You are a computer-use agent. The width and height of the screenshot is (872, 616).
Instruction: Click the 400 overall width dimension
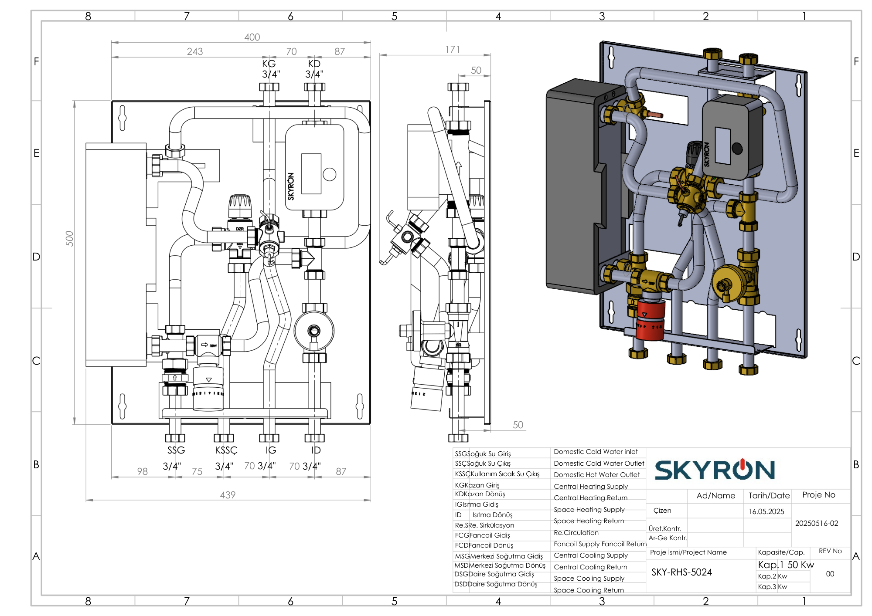point(252,37)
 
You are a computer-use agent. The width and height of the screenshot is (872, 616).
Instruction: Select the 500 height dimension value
point(70,238)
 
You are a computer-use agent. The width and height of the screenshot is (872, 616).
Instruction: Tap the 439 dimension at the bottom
point(228,495)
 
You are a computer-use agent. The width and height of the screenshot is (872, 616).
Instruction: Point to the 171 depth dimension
point(453,50)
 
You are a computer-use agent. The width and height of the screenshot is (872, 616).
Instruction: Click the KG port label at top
point(269,64)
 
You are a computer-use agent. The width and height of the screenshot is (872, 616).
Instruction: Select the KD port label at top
point(314,64)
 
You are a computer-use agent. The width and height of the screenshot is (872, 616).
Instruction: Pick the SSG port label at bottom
point(176,450)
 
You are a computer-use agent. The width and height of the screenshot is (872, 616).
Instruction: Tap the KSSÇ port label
point(226,450)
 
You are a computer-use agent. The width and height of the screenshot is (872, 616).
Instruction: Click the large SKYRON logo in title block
point(715,470)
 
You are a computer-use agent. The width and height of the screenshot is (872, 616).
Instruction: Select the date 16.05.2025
point(766,511)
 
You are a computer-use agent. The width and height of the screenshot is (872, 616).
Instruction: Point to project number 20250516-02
point(817,523)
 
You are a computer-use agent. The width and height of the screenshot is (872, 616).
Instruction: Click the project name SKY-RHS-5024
point(681,572)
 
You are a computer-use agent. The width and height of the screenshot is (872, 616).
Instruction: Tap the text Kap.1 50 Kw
point(786,565)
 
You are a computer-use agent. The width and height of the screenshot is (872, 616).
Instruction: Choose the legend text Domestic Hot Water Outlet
point(596,475)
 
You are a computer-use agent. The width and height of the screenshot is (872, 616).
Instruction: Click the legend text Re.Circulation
point(576,533)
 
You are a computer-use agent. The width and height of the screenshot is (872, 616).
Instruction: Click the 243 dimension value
point(195,52)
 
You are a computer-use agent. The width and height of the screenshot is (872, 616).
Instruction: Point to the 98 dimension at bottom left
point(142,471)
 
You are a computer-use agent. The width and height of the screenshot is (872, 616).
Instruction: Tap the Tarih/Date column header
point(769,495)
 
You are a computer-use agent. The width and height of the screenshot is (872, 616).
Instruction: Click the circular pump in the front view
point(314,331)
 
